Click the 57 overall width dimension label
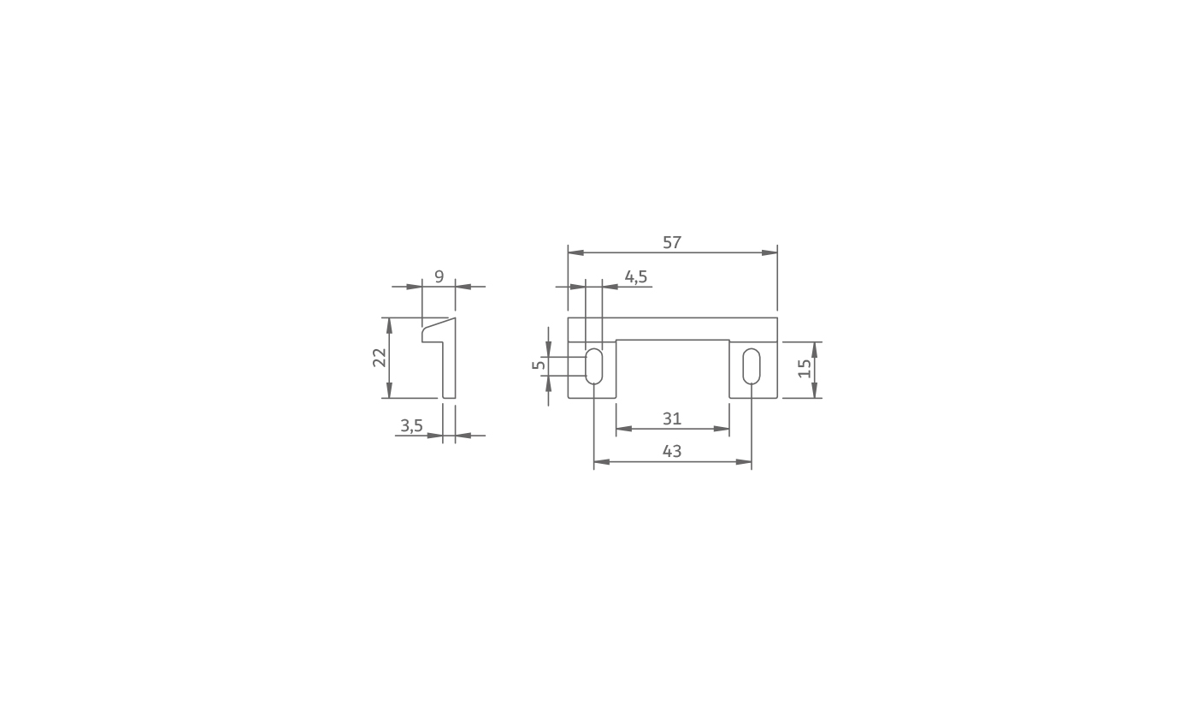672,243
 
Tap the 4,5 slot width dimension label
636,277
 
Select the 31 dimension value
672,418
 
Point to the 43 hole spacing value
672,452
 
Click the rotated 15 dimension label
805,369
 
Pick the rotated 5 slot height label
539,365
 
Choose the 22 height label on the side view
379,358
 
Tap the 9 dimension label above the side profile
439,276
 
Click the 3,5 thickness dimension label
411,426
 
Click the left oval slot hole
593,366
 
